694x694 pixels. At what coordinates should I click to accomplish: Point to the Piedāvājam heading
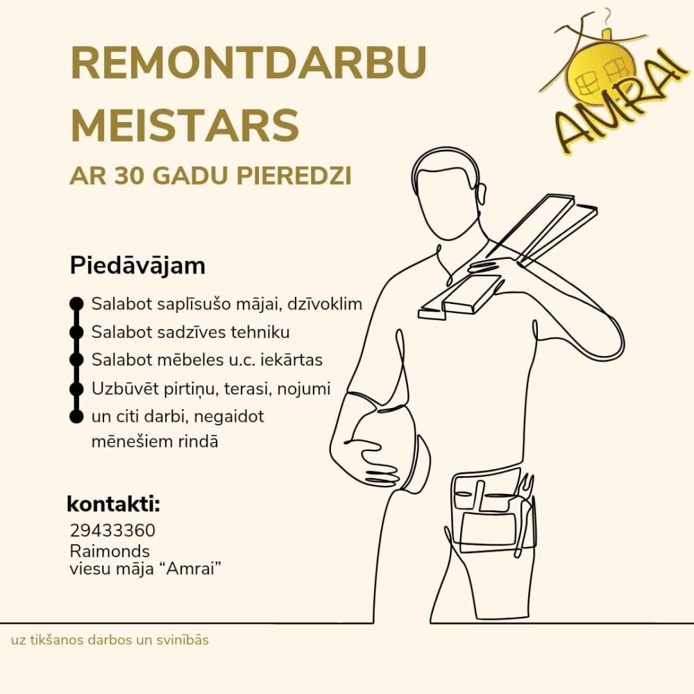tap(137, 266)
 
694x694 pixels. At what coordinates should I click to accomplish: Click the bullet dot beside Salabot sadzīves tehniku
tap(76, 332)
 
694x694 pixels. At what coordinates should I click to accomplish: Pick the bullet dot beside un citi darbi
tap(76, 417)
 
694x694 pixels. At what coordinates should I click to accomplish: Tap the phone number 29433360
tap(112, 531)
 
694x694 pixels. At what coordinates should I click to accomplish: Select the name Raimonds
tap(110, 551)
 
